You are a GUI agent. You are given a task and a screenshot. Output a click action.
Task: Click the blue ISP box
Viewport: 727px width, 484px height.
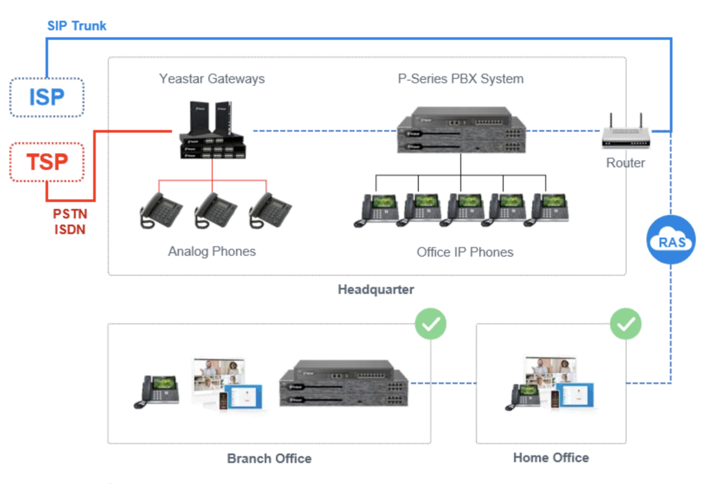[x=47, y=97]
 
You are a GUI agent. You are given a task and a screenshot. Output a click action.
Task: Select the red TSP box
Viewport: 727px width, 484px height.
[x=47, y=162]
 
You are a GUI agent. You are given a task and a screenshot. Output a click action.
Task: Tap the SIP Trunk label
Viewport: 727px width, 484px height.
[x=77, y=26]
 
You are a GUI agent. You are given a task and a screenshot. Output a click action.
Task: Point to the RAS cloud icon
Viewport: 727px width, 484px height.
[x=671, y=240]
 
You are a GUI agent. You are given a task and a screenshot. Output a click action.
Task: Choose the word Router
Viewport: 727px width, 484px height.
[x=625, y=163]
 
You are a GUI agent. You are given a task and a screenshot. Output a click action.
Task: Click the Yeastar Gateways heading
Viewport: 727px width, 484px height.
[x=212, y=79]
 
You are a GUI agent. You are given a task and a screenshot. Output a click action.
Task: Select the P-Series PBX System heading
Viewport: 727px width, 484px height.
[x=461, y=79]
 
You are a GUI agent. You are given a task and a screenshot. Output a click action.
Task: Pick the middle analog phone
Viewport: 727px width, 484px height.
[x=215, y=210]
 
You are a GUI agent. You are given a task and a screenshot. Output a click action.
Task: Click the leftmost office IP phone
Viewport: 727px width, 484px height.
[x=376, y=210]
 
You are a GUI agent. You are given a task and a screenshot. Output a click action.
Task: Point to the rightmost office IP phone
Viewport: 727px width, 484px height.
[x=546, y=210]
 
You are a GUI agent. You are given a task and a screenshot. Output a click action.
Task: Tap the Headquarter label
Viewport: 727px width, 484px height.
[x=376, y=289]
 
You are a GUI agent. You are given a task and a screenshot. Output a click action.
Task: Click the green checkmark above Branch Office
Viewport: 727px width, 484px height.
[x=431, y=324]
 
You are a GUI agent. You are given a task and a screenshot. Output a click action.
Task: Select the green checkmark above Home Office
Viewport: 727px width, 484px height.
[x=626, y=324]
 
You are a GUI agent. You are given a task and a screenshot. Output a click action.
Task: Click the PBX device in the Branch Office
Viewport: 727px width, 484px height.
[x=344, y=384]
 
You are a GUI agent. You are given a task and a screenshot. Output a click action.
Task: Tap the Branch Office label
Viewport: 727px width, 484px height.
[x=269, y=459]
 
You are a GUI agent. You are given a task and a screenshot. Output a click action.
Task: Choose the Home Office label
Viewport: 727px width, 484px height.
[x=551, y=458]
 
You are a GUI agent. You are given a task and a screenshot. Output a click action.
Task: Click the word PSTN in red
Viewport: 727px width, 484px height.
[x=70, y=214]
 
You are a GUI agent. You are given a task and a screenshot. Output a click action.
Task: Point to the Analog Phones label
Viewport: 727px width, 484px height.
[x=212, y=251]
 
